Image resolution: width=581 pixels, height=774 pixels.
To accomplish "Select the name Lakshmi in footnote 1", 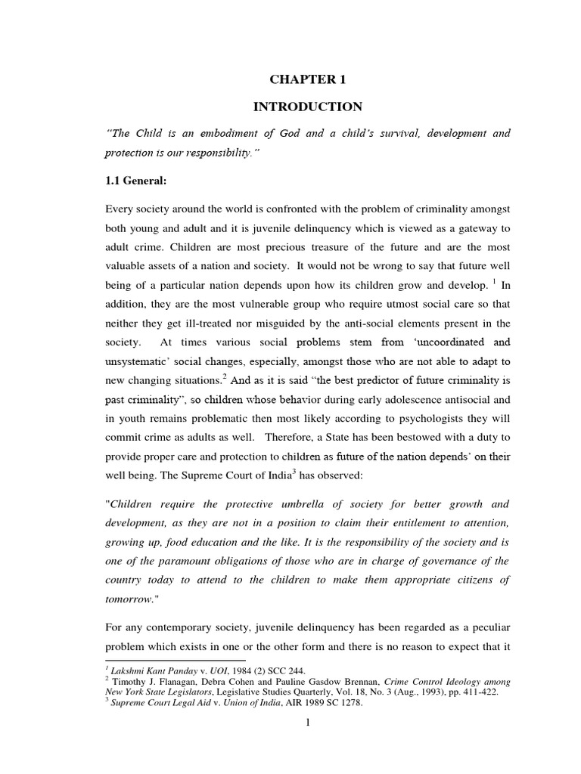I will (129, 670).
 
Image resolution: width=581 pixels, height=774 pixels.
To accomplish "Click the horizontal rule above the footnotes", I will (160, 660).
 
